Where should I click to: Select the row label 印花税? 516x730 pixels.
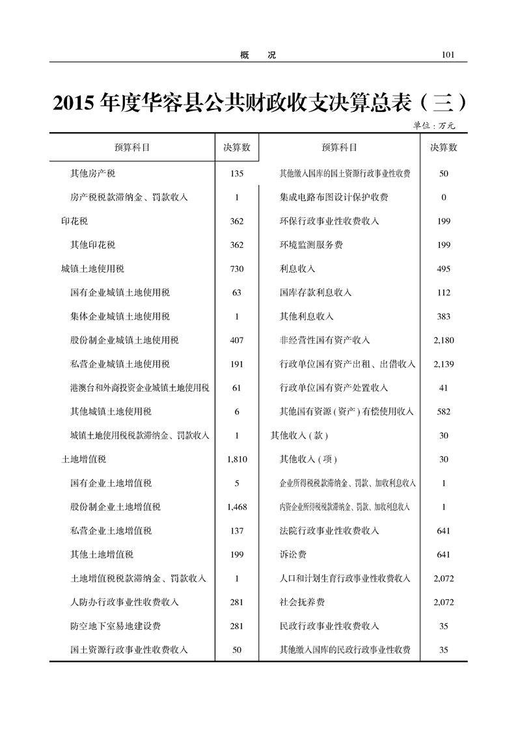(x=74, y=221)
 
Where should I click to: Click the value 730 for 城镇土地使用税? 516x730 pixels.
(x=237, y=269)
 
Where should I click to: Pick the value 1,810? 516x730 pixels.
(x=237, y=459)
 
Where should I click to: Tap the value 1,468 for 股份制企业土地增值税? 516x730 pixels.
(x=237, y=507)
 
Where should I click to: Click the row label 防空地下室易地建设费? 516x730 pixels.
(x=115, y=626)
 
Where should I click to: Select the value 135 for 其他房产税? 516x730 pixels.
(x=237, y=174)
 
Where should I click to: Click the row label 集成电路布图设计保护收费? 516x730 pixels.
(x=333, y=197)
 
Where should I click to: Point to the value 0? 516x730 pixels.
(x=444, y=197)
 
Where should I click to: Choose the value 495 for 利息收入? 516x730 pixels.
(x=444, y=269)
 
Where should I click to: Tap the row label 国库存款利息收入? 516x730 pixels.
(x=315, y=293)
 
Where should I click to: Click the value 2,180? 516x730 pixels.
(x=444, y=340)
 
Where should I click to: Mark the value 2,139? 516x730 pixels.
(x=444, y=364)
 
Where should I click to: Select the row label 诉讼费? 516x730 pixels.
(x=293, y=554)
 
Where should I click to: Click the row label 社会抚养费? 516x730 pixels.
(x=302, y=602)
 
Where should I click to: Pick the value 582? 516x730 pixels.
(x=444, y=412)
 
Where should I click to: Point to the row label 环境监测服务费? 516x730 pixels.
(x=311, y=245)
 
